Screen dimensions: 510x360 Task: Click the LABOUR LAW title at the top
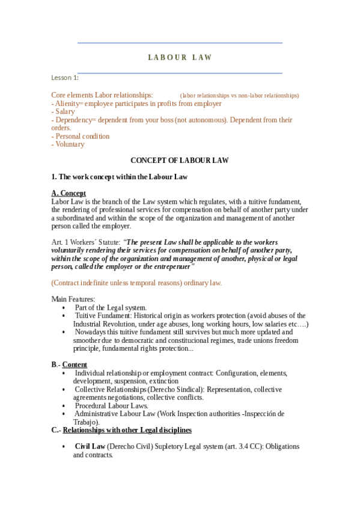(180, 58)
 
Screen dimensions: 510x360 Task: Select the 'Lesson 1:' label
(65, 78)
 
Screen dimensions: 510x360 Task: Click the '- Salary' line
(63, 112)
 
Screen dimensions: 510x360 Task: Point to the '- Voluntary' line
(68, 144)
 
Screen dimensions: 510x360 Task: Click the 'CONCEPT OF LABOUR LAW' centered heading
(180, 161)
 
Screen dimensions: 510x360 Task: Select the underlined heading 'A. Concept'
(69, 193)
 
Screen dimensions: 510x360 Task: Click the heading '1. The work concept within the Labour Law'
(120, 177)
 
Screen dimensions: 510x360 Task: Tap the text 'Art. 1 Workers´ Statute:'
(85, 242)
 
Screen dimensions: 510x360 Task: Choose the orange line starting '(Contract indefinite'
(136, 283)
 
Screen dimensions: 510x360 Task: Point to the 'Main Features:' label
(73, 300)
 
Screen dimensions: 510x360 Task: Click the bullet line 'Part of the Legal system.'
(111, 307)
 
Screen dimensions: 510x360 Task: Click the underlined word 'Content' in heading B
(75, 364)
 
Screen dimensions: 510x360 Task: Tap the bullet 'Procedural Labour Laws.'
(111, 405)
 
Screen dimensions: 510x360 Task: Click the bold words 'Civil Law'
(90, 446)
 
